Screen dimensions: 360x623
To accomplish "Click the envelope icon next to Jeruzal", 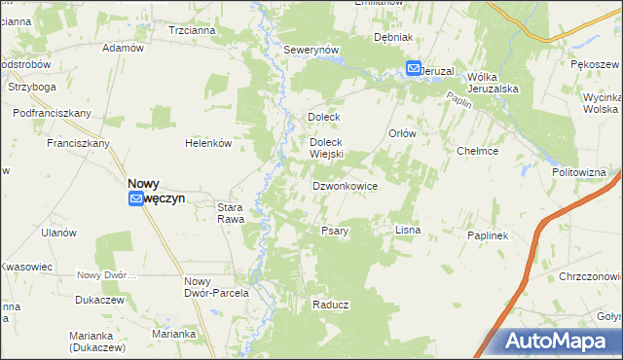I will coord(414,69).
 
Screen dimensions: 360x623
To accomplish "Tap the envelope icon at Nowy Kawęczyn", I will coord(136,198).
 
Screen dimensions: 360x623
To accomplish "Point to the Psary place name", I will coord(335,231).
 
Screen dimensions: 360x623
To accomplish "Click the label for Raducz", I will coord(331,305).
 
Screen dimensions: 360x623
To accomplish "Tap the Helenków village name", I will coord(208,143).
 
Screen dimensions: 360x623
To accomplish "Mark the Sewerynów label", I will coord(310,50).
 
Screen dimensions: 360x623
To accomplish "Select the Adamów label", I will coord(123,48).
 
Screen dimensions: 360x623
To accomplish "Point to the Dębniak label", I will coord(394,37).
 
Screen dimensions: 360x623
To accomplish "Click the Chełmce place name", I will coord(478,151).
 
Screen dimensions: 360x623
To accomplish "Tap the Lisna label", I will coord(407,230).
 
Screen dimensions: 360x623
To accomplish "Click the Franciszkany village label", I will coord(78,143).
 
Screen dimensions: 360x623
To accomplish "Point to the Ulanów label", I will coord(58,233).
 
